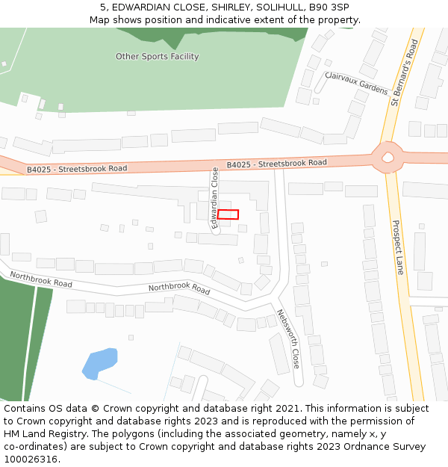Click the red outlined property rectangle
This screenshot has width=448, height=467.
pos(228,214)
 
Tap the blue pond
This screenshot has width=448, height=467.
pos(99,363)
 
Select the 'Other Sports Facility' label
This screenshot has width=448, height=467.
pos(157,57)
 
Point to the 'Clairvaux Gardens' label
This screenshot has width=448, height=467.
pos(357,82)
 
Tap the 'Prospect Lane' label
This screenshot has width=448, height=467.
pos(397,247)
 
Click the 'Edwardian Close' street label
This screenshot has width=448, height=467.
pos(215,197)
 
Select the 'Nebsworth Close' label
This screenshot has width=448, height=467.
pos(288,339)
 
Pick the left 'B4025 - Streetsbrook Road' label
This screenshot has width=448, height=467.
pos(77,169)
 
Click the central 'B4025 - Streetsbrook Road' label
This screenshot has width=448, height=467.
pos(277,163)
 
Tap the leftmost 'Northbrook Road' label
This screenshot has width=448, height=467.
pos(41,279)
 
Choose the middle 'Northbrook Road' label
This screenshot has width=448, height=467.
pos(179,288)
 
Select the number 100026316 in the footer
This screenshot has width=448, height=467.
pos(30,459)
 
